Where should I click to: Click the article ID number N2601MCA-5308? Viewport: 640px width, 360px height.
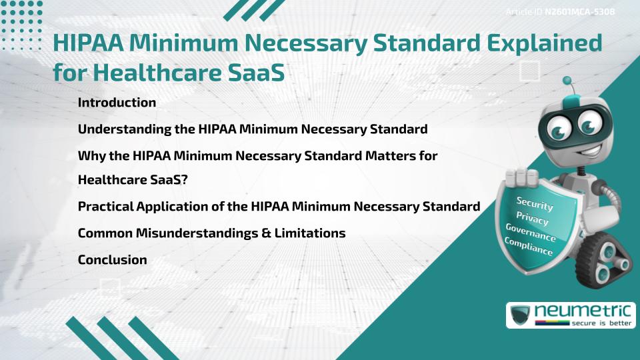click(x=577, y=11)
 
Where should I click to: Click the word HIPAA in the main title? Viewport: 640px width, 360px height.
click(x=88, y=44)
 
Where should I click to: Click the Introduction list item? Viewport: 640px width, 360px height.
click(x=117, y=103)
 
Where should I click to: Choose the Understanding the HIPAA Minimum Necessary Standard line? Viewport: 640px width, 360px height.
click(x=253, y=129)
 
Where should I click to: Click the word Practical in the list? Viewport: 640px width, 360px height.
click(x=105, y=207)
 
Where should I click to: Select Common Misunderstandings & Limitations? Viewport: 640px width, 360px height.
click(x=211, y=233)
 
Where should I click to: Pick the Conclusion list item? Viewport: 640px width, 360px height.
click(x=112, y=260)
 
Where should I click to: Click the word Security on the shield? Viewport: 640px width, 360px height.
click(x=535, y=203)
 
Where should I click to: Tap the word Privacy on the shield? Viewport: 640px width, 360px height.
click(x=533, y=218)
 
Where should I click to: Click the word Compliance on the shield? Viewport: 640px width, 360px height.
click(x=529, y=247)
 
